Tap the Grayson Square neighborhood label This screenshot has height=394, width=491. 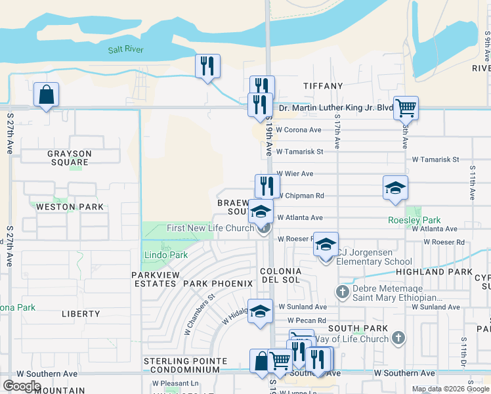pyautogui.click(x=69, y=158)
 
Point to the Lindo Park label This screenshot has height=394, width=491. pyautogui.click(x=166, y=255)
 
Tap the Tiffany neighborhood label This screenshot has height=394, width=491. pyautogui.click(x=323, y=86)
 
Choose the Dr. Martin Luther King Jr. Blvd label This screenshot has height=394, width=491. pyautogui.click(x=336, y=108)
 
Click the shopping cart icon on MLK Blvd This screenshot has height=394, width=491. pyautogui.click(x=406, y=108)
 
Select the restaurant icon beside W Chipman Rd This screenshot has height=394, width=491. pyautogui.click(x=267, y=185)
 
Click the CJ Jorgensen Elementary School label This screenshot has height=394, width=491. pyautogui.click(x=374, y=256)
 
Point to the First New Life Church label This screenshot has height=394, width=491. pyautogui.click(x=211, y=228)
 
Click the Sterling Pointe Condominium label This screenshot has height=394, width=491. pyautogui.click(x=186, y=365)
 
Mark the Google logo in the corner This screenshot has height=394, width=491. pyautogui.click(x=22, y=385)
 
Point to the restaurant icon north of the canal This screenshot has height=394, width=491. pyautogui.click(x=207, y=66)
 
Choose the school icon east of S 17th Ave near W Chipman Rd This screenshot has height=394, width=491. pyautogui.click(x=396, y=188)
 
